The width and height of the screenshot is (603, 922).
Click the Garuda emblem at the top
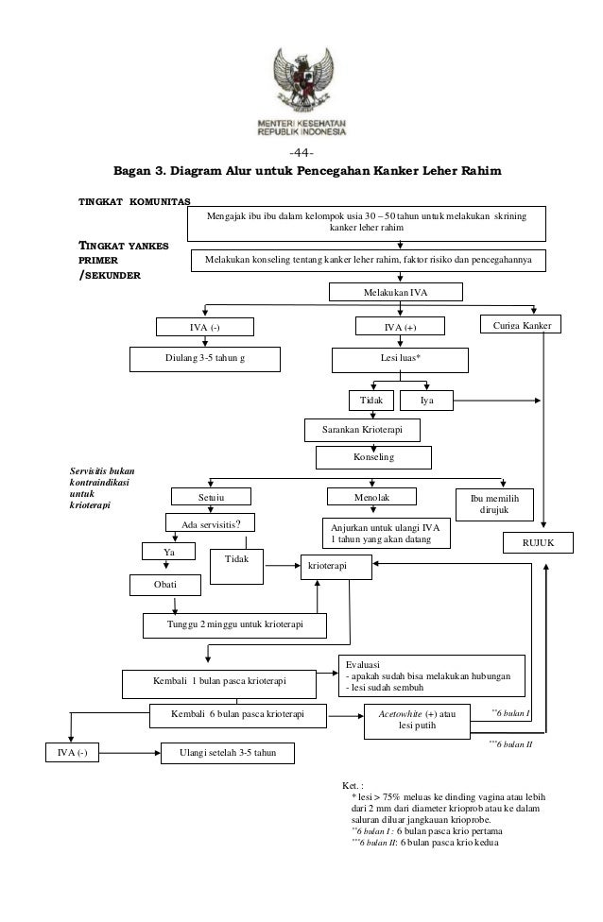point(303,80)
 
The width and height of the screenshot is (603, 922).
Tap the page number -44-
point(301,153)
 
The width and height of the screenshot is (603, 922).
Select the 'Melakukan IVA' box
point(396,292)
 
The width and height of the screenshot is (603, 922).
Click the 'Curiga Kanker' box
point(522,325)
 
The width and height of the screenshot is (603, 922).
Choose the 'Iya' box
point(426,401)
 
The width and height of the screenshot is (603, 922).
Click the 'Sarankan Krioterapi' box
point(362,430)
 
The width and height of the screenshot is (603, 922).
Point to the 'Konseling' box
point(373,457)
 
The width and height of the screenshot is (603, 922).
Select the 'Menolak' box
point(371,497)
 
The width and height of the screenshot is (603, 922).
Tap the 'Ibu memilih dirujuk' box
point(494,504)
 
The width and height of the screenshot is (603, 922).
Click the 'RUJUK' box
point(539,543)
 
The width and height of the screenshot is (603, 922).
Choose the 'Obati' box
point(165,585)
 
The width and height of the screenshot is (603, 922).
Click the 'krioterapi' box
point(336,567)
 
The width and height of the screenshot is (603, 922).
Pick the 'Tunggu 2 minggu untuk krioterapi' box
point(234,625)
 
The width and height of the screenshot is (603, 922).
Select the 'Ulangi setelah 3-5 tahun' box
point(228,753)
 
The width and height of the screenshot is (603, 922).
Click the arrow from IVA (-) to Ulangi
point(129,753)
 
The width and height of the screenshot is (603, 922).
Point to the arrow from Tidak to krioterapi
point(283,566)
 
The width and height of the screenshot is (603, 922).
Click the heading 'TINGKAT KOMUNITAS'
point(135,202)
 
